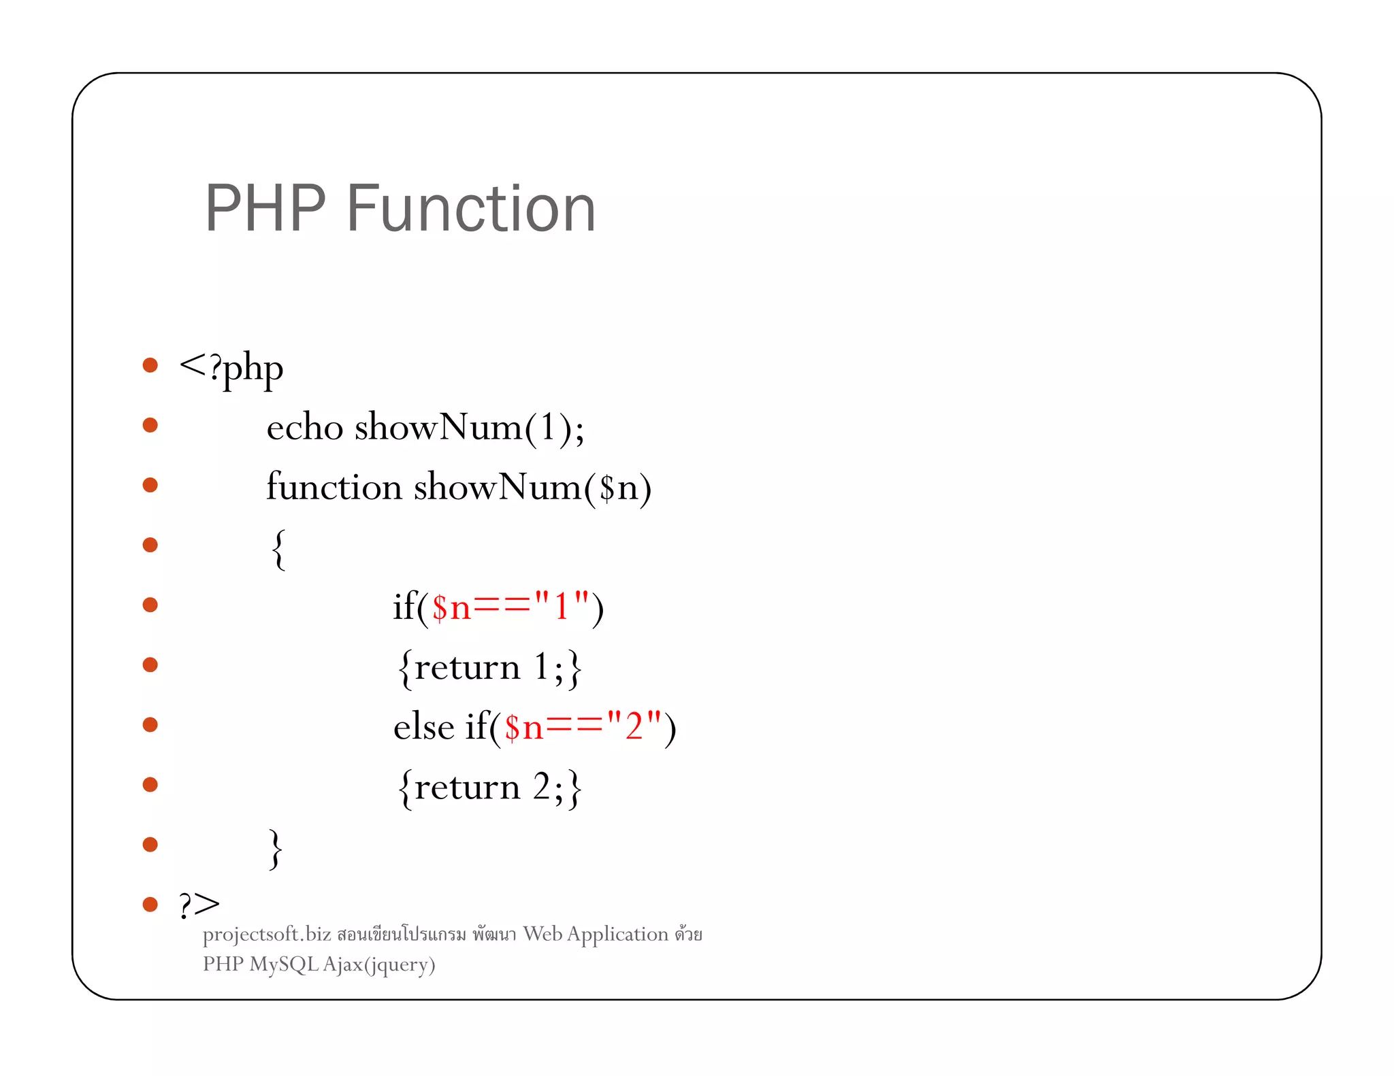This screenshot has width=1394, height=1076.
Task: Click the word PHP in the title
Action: pyautogui.click(x=265, y=209)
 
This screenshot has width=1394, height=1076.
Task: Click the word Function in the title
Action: pyautogui.click(x=471, y=209)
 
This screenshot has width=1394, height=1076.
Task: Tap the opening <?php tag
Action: pyautogui.click(x=231, y=369)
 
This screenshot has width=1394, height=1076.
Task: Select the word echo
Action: pyautogui.click(x=304, y=428)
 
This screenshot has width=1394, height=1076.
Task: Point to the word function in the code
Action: pyautogui.click(x=334, y=487)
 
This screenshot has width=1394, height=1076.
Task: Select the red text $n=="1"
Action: pyautogui.click(x=510, y=607)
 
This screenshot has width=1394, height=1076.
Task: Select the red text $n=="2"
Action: pyautogui.click(x=583, y=726)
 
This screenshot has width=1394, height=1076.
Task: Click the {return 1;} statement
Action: pyautogui.click(x=489, y=668)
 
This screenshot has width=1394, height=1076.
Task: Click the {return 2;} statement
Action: pyautogui.click(x=489, y=788)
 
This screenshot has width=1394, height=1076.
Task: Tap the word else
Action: pyautogui.click(x=423, y=726)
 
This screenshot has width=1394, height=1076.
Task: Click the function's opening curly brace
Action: pyautogui.click(x=278, y=549)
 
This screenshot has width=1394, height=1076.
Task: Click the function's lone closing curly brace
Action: pyautogui.click(x=275, y=848)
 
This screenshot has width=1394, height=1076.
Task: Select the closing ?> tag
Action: pyautogui.click(x=199, y=905)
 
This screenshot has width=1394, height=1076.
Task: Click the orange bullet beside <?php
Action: pyautogui.click(x=150, y=365)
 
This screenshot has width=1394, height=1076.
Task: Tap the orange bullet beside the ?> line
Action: pyautogui.click(x=150, y=905)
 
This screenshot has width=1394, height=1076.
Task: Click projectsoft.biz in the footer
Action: pyautogui.click(x=267, y=935)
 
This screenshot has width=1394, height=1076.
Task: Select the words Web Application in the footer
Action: pyautogui.click(x=596, y=935)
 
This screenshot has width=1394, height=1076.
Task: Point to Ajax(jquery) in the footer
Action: pyautogui.click(x=378, y=965)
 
